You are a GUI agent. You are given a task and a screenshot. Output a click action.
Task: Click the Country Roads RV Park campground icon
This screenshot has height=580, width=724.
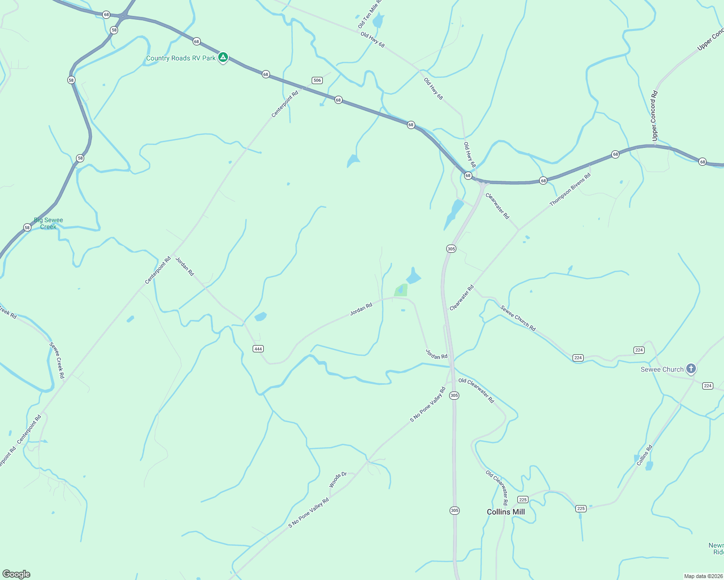coord(223,58)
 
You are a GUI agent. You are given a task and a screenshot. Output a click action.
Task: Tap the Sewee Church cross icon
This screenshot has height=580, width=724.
coord(691,369)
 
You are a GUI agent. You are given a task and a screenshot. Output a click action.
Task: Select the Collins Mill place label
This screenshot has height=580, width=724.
coord(505,512)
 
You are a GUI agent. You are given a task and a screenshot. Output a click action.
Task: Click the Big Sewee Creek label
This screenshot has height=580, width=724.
coord(48,223)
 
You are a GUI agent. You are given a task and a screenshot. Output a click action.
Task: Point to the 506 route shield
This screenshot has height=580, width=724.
coord(317,80)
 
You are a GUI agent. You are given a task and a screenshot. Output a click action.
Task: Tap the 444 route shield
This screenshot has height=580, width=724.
coord(258,348)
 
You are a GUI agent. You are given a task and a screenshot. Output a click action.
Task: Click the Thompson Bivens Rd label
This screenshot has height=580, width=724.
coord(570,190)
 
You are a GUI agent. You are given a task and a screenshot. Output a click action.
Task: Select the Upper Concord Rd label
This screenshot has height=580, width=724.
coord(654,116)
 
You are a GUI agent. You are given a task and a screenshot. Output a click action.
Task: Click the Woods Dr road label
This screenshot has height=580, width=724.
coord(338,479)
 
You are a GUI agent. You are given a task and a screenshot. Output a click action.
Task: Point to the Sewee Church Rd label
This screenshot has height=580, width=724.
coord(518,318)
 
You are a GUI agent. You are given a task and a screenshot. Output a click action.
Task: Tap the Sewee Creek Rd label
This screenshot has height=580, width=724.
coord(57,360)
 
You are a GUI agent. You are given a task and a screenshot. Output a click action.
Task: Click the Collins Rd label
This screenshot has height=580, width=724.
coord(644,455)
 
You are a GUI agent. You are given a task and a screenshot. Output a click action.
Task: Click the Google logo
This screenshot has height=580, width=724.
coord(16,574)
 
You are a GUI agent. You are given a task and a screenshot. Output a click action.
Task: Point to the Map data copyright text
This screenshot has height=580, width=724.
coord(703,576)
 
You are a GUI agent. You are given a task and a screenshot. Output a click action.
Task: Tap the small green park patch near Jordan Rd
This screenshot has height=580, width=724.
coord(401,290)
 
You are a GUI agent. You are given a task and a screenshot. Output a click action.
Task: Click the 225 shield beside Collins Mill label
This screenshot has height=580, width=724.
coord(522,499)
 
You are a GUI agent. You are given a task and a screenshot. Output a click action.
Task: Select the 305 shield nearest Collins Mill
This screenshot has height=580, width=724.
coord(454,510)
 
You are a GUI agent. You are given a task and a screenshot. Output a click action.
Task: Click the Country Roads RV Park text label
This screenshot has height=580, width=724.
coord(181,58)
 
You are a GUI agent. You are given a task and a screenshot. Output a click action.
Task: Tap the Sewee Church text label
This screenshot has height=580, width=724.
coord(662,369)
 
